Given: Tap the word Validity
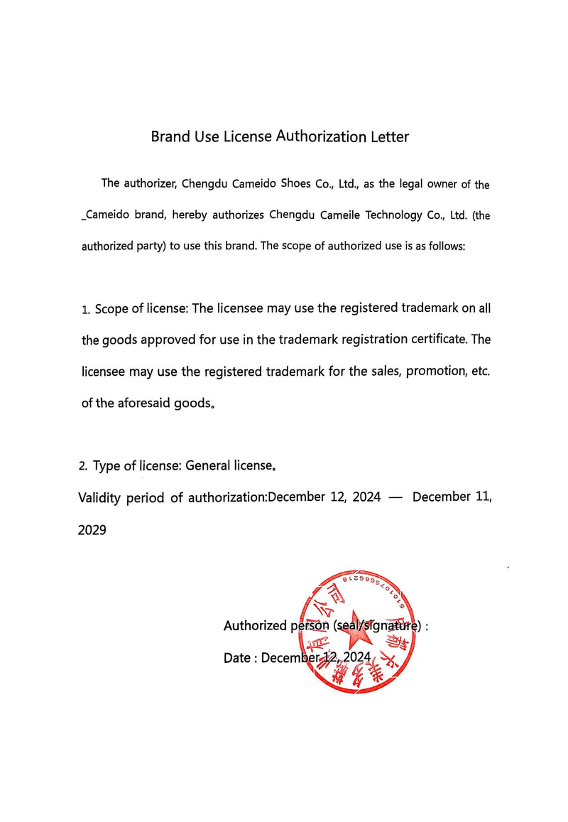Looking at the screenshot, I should click(99, 497).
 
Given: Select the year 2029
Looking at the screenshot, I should click(92, 529).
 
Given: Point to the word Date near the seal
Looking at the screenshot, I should click(236, 658).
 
